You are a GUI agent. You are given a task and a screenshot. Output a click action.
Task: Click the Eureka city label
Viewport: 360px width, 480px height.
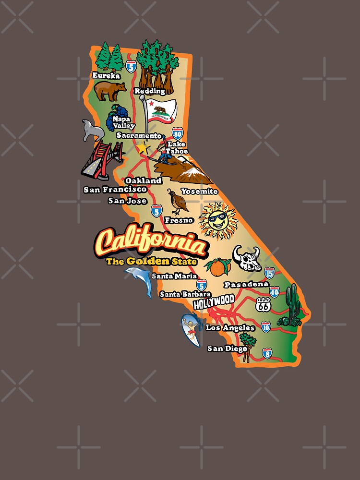point(106,75)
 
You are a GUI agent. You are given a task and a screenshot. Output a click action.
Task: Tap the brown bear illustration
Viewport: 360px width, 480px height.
point(109,90)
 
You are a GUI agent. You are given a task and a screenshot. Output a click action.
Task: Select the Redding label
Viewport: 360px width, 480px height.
point(149,91)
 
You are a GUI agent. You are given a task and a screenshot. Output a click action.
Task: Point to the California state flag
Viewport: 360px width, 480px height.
point(161,110)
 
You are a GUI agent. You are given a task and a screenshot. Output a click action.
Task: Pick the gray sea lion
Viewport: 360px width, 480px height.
point(92,130)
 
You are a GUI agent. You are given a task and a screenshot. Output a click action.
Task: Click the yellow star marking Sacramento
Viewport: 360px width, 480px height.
point(144,148)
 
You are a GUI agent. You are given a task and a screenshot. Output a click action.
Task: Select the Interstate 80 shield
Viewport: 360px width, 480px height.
point(178,133)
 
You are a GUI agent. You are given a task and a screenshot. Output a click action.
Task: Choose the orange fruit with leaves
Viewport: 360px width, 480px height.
point(219,267)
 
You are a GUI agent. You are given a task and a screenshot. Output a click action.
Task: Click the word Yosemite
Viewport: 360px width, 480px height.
point(199,191)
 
